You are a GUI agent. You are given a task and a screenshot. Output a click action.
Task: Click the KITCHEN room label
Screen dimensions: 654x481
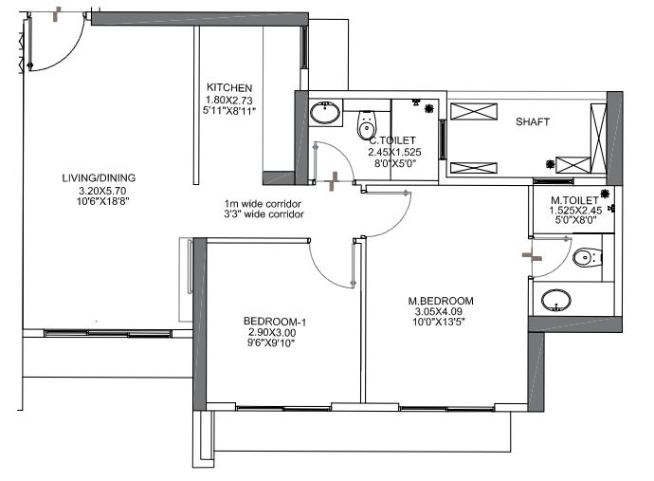[229, 87]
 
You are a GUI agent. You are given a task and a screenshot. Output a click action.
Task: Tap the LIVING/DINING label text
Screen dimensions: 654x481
[99, 177]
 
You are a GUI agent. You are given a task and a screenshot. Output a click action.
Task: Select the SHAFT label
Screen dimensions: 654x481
[533, 122]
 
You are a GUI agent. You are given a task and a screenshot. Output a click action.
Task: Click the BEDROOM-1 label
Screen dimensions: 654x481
[275, 322]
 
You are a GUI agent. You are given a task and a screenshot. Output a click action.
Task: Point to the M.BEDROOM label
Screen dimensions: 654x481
[441, 301]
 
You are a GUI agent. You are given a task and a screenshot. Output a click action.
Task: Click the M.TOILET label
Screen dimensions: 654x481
[574, 200]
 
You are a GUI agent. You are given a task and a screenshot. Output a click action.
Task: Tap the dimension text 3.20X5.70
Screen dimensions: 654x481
[102, 191]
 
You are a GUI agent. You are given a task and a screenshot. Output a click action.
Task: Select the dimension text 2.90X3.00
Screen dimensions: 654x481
[272, 333]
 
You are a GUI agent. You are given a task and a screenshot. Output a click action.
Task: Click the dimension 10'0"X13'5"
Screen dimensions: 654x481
[439, 322]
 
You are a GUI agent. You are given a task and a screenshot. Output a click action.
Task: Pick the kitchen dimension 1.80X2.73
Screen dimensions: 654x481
[229, 101]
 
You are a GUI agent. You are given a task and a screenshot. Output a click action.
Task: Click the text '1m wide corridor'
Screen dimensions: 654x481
[263, 204]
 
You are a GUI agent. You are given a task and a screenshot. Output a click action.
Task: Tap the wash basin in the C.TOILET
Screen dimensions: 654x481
[325, 113]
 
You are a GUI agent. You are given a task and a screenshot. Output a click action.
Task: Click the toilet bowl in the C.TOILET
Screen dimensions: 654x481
[367, 124]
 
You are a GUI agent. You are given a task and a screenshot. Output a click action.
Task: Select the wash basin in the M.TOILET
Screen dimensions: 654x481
[556, 300]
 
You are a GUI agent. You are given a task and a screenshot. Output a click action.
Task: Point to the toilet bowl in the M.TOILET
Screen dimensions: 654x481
[588, 257]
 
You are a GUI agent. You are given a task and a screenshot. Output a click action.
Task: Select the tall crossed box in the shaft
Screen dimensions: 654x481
[598, 138]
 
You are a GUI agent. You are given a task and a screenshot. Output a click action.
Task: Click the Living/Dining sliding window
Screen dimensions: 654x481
[108, 333]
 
